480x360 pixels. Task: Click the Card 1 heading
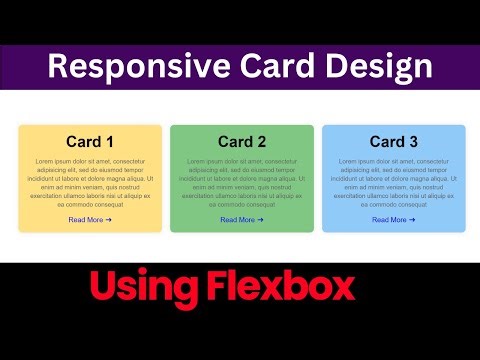90,142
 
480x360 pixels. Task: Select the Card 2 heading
242,142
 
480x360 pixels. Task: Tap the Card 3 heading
394,142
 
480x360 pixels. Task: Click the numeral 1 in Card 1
109,142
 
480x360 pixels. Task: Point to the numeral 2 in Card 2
261,142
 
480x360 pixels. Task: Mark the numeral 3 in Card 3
413,142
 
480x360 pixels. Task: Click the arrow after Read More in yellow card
108,219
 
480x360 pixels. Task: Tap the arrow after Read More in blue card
412,219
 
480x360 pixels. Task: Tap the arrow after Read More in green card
260,219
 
